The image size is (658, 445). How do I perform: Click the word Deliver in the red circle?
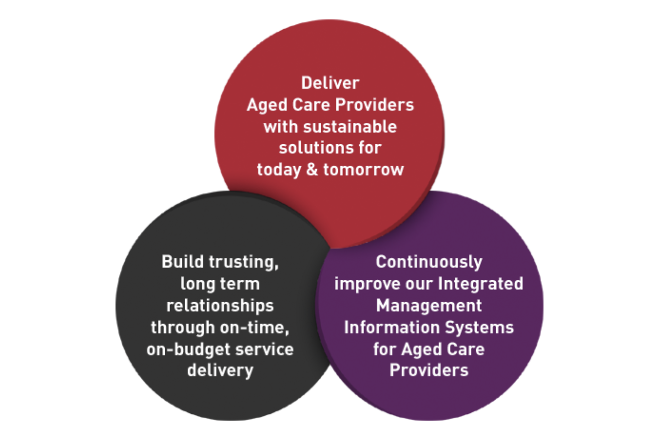[330, 83]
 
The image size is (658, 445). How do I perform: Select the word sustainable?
[350, 127]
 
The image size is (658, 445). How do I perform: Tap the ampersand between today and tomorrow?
[312, 170]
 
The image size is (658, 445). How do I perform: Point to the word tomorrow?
[364, 170]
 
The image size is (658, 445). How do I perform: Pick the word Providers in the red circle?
[375, 104]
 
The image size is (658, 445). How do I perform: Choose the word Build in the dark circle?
[182, 261]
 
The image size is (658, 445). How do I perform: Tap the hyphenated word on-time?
[254, 328]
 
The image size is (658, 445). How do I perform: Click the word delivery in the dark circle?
[220, 371]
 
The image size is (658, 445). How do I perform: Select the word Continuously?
[429, 262]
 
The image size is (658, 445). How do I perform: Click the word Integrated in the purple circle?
[481, 284]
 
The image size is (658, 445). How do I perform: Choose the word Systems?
[479, 328]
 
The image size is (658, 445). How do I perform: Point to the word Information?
[392, 327]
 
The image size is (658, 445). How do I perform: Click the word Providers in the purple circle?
[429, 370]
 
